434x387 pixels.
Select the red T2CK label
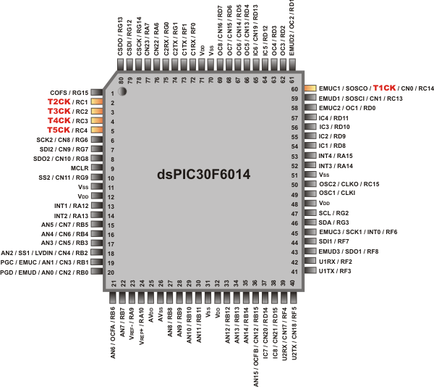pyautogui.click(x=59, y=102)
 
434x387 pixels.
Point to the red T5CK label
pyautogui.click(x=59, y=130)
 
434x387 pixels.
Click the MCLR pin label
pyautogui.click(x=79, y=167)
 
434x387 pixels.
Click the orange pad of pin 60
pyautogui.click(x=310, y=88)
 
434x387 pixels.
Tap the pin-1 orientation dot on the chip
pyautogui.click(x=123, y=91)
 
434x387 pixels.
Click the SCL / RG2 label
pyautogui.click(x=333, y=213)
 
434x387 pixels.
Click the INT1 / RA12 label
pyautogui.click(x=70, y=206)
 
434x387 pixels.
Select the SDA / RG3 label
pyautogui.click(x=334, y=222)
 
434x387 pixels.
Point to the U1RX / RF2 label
pyautogui.click(x=336, y=262)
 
